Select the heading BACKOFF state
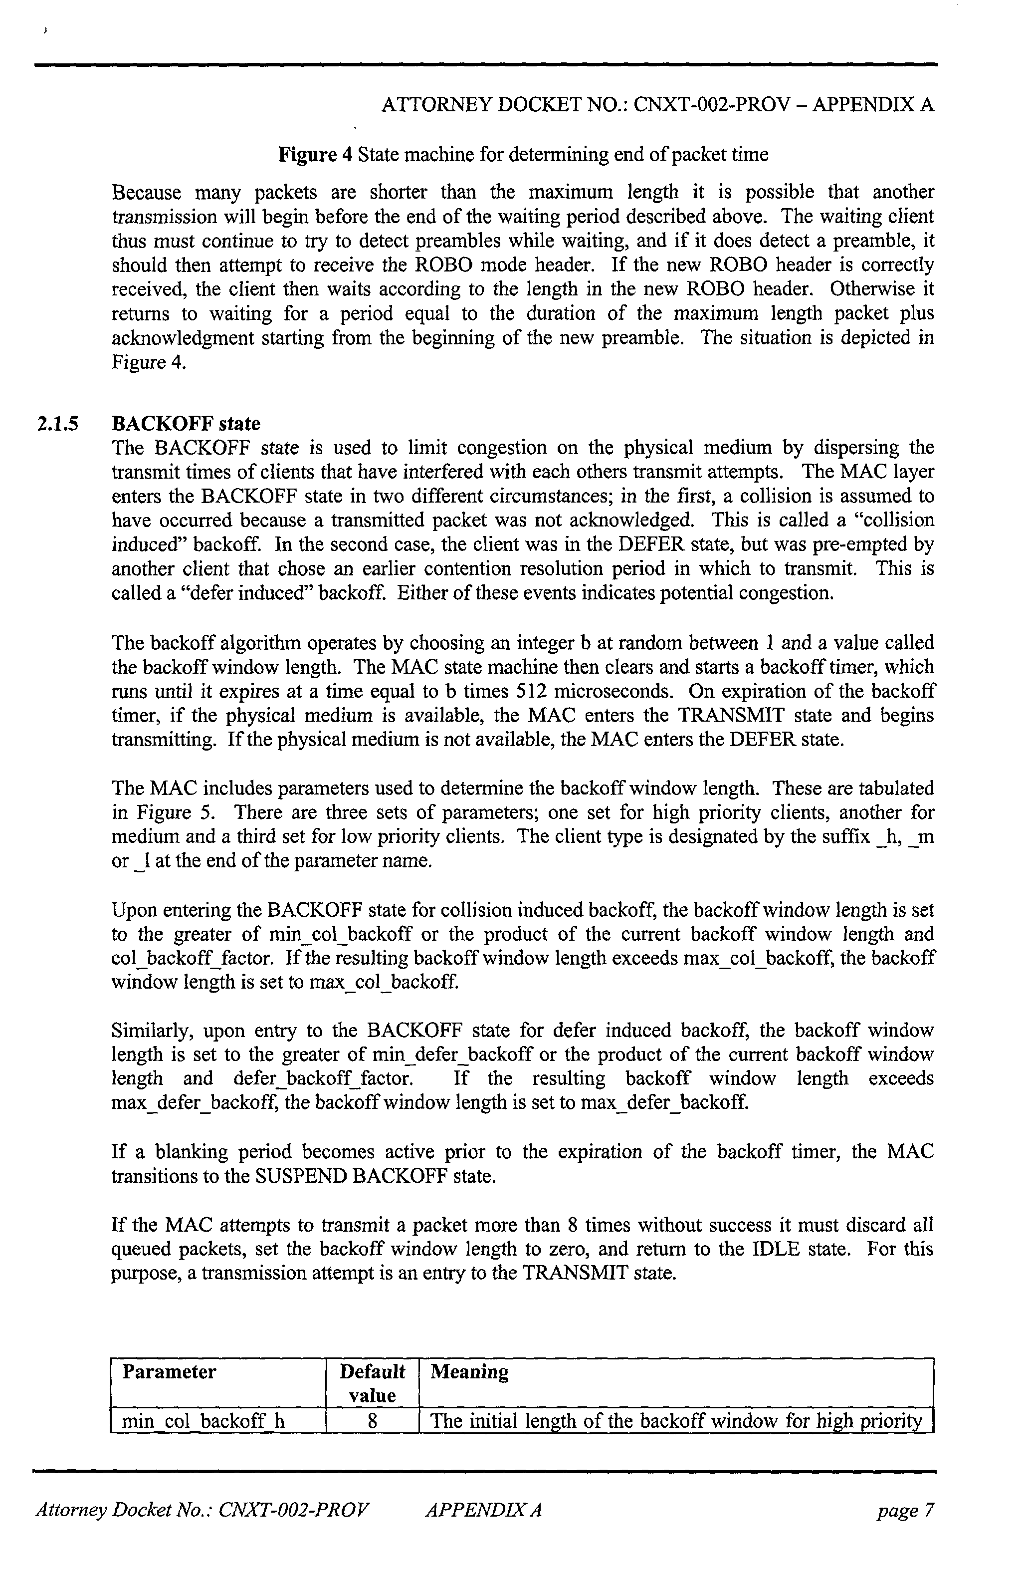pyautogui.click(x=186, y=424)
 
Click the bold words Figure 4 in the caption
pyautogui.click(x=315, y=155)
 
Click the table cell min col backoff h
pyautogui.click(x=204, y=1421)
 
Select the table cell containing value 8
pyautogui.click(x=372, y=1421)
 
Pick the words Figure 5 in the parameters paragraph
pyautogui.click(x=164, y=812)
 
